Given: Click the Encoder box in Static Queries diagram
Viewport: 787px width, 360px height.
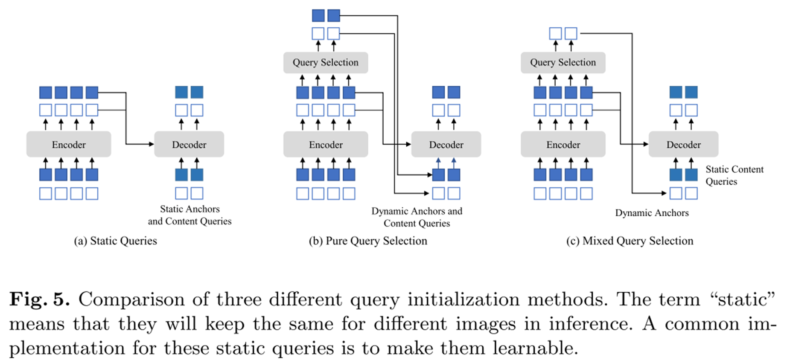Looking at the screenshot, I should coord(69,145).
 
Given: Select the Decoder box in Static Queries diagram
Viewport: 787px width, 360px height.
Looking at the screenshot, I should coord(189,145).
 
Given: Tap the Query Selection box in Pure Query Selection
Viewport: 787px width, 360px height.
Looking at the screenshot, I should coord(326,63).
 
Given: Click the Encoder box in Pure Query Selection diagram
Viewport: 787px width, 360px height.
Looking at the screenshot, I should coord(326,145).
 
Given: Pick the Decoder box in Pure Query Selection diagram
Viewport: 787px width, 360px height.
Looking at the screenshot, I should coord(446,145).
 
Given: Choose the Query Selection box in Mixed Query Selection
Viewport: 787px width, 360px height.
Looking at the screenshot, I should coord(563,63).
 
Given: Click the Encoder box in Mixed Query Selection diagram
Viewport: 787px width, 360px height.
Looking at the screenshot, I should coord(563,145).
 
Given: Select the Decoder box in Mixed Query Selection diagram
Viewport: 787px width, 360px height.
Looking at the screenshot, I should coord(683,145).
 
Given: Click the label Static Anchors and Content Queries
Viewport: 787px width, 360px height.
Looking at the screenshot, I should coord(190,215).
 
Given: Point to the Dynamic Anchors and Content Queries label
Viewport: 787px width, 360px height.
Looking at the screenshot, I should coord(417,217).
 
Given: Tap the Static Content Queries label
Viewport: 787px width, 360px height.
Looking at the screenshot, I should coord(734,175).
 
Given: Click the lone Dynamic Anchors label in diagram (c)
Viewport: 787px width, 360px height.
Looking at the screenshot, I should coord(652,213).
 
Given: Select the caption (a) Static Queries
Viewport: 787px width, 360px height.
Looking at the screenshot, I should coord(116,241).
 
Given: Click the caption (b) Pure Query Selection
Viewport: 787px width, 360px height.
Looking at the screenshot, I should coord(368,241).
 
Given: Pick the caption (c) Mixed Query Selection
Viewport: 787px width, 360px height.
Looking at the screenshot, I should coord(630,241).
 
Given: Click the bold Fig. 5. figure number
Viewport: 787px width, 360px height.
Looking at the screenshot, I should coord(40,299).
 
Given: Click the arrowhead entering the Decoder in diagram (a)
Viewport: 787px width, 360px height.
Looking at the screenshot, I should coord(151,144).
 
